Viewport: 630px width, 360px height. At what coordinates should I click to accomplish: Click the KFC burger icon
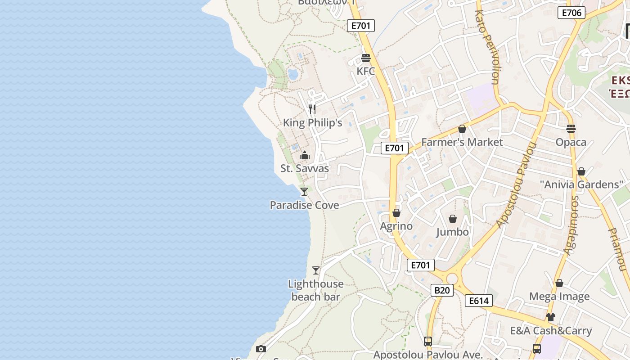point(365,58)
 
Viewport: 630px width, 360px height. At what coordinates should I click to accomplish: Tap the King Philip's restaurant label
point(312,123)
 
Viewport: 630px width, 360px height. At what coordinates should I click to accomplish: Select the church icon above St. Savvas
point(305,155)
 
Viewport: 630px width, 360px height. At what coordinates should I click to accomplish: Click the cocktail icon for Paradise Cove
point(304,192)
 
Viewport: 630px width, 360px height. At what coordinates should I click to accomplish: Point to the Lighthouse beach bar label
point(315,290)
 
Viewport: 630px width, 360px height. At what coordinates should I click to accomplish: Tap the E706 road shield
point(571,13)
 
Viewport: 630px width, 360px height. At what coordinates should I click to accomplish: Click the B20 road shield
point(441,290)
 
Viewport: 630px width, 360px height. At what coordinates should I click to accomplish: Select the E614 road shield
point(478,301)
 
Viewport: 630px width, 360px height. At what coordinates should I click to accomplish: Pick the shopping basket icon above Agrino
point(396,213)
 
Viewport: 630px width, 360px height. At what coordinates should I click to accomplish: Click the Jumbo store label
point(453,232)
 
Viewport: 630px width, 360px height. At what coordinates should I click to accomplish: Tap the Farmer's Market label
point(462,142)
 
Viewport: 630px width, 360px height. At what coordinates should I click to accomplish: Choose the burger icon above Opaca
point(571,129)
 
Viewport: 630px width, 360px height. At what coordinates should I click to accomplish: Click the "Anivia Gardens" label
point(581,184)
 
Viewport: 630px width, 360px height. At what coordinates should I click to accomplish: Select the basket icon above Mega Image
point(559,283)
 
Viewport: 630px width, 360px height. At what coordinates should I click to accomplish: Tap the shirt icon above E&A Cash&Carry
point(551,317)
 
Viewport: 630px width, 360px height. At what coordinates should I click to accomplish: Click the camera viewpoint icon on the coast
point(261,349)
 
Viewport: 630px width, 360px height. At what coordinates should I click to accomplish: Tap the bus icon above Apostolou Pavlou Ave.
point(427,342)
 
